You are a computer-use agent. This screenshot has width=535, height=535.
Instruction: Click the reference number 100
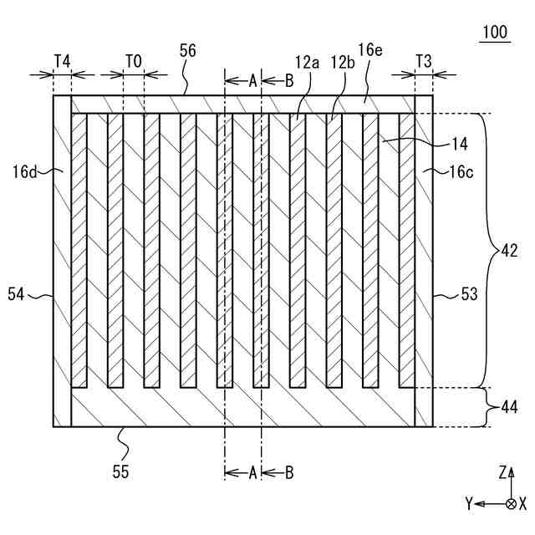pos(495,33)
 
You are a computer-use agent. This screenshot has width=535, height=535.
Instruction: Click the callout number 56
pos(188,50)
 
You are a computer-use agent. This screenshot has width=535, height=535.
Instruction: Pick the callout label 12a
pos(306,61)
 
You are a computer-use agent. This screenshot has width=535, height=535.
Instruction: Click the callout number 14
pos(460,144)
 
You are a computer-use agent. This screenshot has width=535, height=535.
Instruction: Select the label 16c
pos(460,172)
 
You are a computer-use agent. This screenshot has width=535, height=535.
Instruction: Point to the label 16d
pos(26,172)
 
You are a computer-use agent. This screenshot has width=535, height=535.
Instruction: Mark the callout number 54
pos(17,293)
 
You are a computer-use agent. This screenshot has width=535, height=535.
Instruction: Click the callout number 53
pos(470,293)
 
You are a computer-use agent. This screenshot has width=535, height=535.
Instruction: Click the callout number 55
pos(120,471)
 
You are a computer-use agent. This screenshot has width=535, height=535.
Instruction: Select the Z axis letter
pos(502,473)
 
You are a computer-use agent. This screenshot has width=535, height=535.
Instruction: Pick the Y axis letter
pos(471,503)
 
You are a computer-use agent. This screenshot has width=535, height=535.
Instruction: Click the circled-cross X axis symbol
pos(511,503)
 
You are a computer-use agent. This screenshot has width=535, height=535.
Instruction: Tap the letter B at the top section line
pos(288,80)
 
